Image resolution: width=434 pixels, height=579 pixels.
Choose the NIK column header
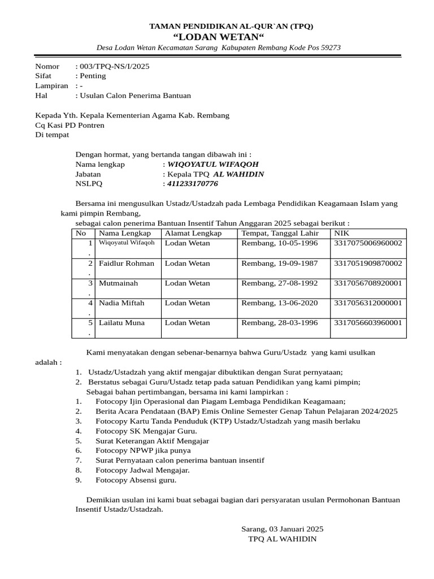tap(342, 233)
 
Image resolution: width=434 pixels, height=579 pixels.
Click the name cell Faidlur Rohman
tap(127, 263)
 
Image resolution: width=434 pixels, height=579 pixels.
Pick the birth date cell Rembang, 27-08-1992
tap(280, 283)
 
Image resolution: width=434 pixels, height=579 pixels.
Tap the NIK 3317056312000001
tap(368, 303)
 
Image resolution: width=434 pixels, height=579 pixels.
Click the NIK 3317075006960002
tap(368, 243)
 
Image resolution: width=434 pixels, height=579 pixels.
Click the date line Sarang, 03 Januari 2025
tap(282, 529)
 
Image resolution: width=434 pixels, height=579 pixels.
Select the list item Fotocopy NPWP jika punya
tap(143, 451)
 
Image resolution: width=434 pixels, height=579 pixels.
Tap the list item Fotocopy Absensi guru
tap(136, 480)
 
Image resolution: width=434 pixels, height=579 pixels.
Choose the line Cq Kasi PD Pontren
tap(70, 125)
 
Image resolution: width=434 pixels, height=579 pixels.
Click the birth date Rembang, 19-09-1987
tap(280, 263)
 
